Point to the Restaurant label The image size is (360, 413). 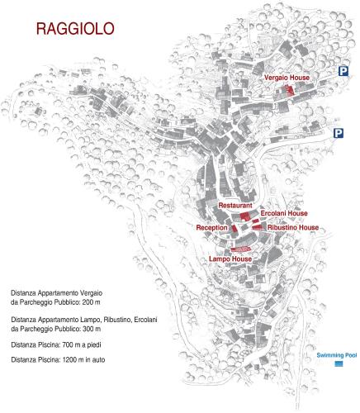point(235,204)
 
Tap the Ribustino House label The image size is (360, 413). point(292,227)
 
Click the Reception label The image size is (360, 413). point(212,227)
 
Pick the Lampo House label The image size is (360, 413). point(230,259)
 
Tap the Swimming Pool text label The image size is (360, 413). point(336,355)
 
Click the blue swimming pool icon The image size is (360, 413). point(339,364)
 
